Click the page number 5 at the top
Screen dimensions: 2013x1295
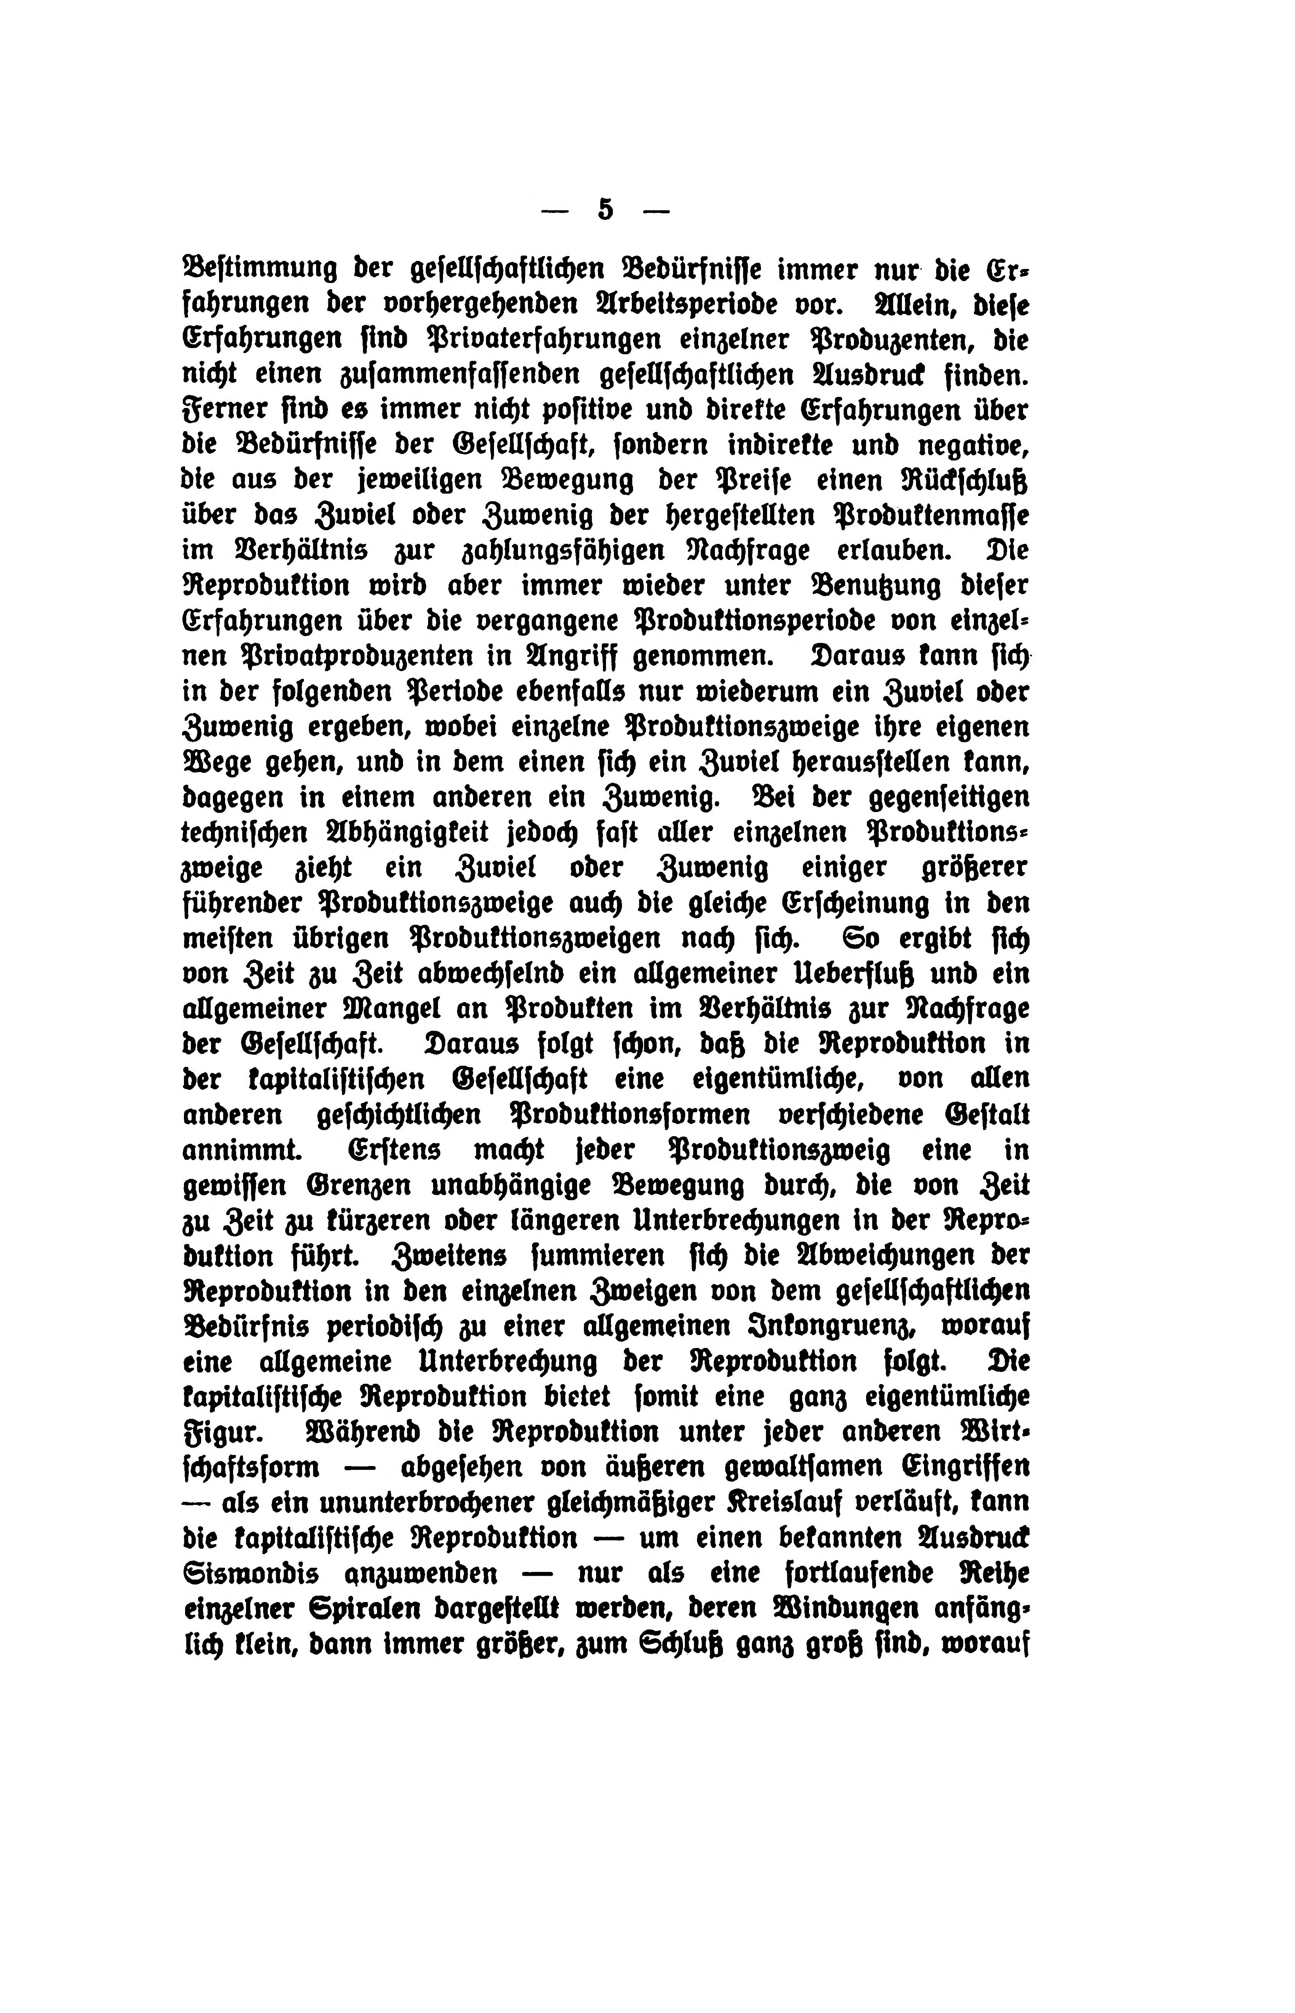pyautogui.click(x=604, y=209)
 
